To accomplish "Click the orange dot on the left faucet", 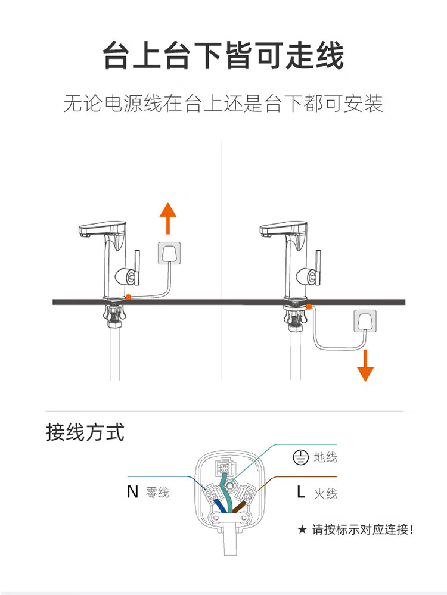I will (128, 297).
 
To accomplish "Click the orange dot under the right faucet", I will (309, 306).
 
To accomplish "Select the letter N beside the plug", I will (132, 492).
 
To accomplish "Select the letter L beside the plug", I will (301, 493).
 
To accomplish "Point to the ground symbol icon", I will (300, 457).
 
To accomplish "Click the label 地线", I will (325, 457).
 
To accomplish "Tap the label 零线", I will (157, 493).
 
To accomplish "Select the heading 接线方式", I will (85, 432).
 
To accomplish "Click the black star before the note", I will (302, 529).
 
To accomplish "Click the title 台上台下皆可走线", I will (223, 57).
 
